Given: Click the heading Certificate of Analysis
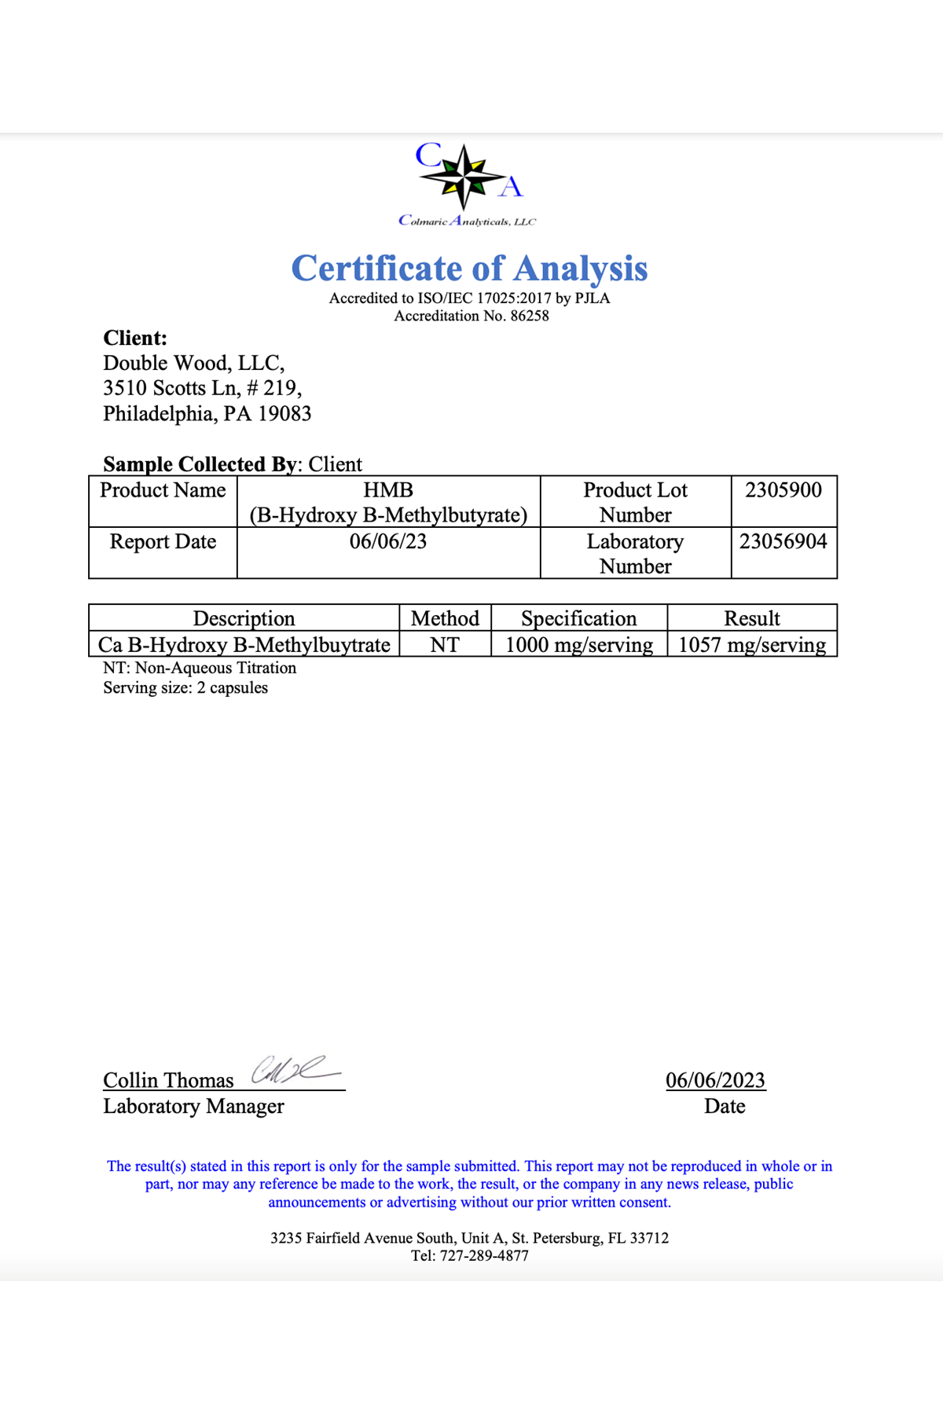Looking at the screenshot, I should (x=469, y=268).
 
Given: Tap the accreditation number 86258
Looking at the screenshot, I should (x=530, y=316).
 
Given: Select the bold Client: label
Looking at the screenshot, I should (x=135, y=338).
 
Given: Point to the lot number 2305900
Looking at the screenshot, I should (x=783, y=490).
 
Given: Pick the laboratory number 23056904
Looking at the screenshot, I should (x=783, y=541).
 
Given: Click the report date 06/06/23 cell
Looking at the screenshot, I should (x=388, y=541).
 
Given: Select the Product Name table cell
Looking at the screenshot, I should (x=163, y=490).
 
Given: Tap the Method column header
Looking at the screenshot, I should (x=445, y=618).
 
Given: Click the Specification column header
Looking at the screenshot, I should (x=578, y=618).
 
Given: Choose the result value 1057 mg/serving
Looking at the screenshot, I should (x=752, y=645).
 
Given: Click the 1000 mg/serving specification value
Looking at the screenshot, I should (x=578, y=645).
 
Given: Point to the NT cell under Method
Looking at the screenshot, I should (x=445, y=645).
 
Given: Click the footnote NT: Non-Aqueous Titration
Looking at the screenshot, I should (x=200, y=668).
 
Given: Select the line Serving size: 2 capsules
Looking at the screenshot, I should (x=185, y=687).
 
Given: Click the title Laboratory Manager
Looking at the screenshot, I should (x=193, y=1106).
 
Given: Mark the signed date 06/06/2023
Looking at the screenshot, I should (x=715, y=1080).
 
